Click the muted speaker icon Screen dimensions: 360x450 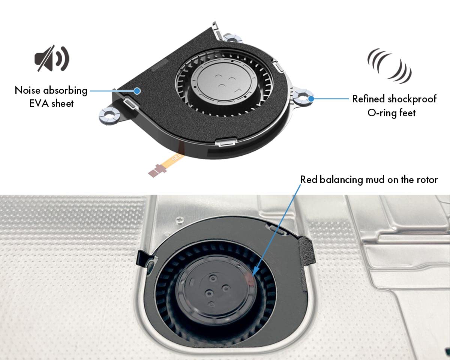[52, 59]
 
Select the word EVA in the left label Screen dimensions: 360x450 [38, 103]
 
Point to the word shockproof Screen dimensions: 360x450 [412, 99]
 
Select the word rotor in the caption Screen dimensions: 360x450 [426, 180]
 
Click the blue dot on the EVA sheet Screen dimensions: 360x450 [137, 90]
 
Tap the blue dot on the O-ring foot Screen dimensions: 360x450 [310, 99]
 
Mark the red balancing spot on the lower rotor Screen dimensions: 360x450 [249, 278]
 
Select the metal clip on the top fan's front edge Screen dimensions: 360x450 [225, 142]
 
